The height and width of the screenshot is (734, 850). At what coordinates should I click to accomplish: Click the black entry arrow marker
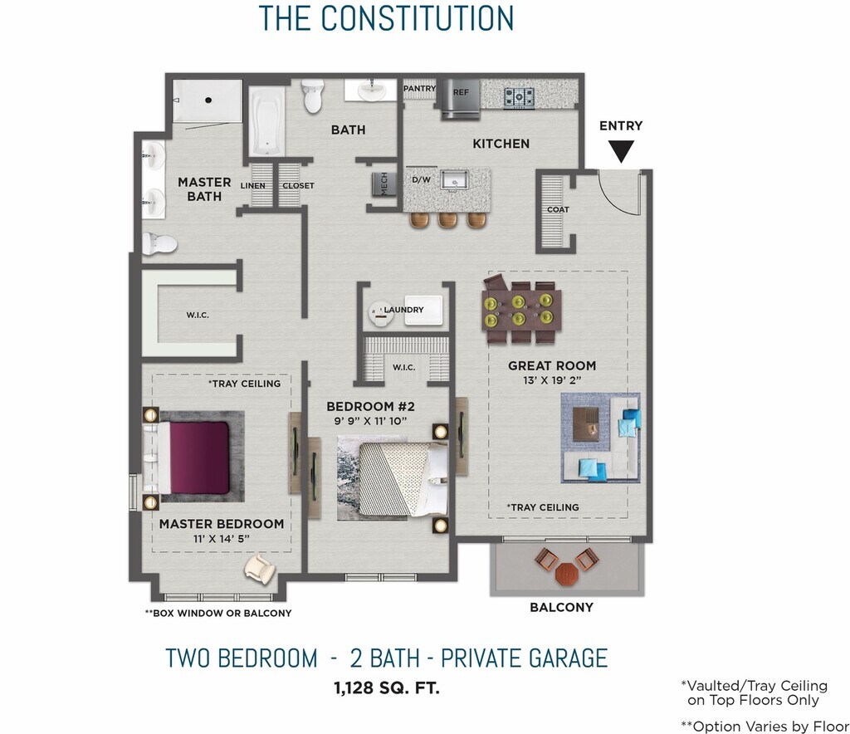621,151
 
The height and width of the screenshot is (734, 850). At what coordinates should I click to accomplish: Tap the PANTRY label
419,88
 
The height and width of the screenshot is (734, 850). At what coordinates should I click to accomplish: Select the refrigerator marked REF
460,99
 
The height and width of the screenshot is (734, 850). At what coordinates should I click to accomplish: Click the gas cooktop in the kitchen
519,98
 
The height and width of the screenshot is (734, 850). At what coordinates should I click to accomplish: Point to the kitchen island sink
454,179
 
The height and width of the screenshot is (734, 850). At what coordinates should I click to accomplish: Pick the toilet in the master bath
159,244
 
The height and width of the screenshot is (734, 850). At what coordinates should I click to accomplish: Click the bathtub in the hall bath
267,121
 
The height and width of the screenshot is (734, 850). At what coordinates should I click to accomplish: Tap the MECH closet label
384,184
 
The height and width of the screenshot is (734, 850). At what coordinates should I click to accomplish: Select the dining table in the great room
521,310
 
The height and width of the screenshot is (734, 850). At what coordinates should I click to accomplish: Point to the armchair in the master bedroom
260,570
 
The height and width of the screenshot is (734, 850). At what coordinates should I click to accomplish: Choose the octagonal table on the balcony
566,574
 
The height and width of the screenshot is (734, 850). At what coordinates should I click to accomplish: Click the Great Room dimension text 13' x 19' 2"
552,380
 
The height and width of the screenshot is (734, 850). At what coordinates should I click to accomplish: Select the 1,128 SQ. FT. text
387,688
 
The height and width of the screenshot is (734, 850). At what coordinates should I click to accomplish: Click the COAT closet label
558,210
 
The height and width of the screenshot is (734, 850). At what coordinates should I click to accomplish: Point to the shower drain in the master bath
208,100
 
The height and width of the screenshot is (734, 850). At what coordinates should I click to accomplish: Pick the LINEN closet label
253,185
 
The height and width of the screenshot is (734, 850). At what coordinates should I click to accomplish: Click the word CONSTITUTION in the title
418,18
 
